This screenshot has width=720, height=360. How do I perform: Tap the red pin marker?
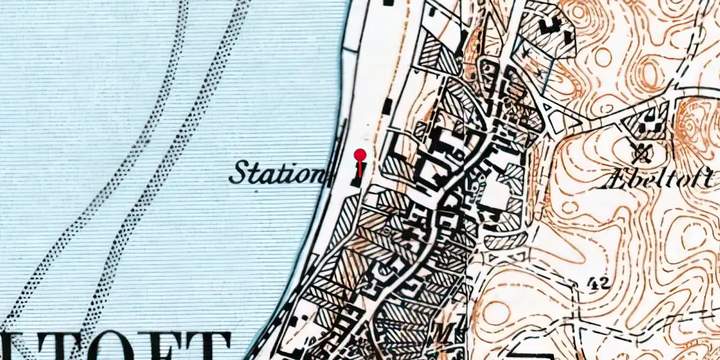point(360,155)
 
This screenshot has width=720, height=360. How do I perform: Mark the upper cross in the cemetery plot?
point(533,52)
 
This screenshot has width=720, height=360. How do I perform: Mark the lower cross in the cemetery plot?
point(539,73)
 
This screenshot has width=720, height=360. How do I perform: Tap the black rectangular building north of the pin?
point(387,107)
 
